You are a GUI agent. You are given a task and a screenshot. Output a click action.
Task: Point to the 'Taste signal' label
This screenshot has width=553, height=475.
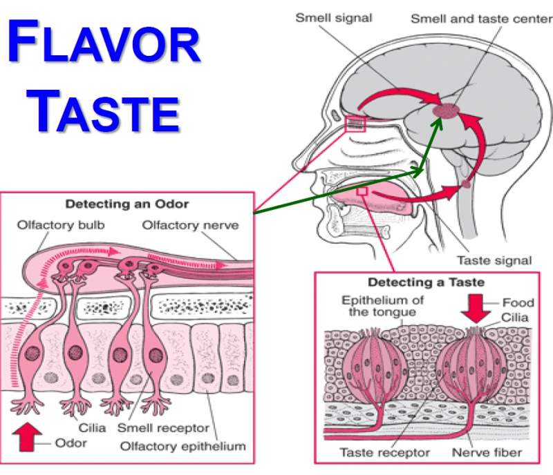494,260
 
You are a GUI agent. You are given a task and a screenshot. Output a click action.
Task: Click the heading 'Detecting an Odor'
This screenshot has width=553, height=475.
126,204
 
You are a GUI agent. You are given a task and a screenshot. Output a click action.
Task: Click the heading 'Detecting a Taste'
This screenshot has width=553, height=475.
426,282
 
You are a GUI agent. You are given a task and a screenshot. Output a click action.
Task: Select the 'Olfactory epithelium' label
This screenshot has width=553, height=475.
182,446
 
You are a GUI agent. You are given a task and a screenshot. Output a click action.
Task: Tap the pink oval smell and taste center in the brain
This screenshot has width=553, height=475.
447,109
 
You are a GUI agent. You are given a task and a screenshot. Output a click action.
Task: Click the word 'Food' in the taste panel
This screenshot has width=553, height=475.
518,302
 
